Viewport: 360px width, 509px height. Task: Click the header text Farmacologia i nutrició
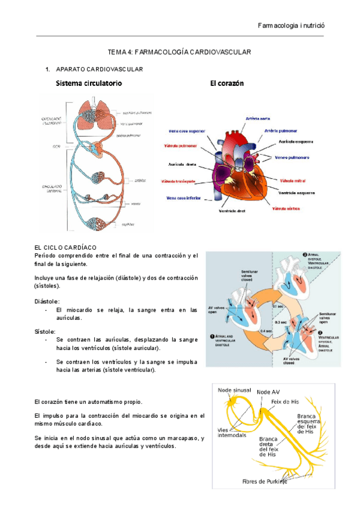pos(290,26)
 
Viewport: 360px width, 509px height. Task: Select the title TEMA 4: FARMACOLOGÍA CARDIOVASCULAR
pos(178,53)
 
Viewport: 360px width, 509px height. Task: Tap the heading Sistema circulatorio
pos(89,83)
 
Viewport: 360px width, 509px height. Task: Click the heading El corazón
pos(227,83)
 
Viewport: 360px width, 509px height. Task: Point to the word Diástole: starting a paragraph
pos(47,301)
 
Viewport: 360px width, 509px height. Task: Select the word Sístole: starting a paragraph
pos(46,331)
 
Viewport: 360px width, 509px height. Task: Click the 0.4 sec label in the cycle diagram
pos(264,330)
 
